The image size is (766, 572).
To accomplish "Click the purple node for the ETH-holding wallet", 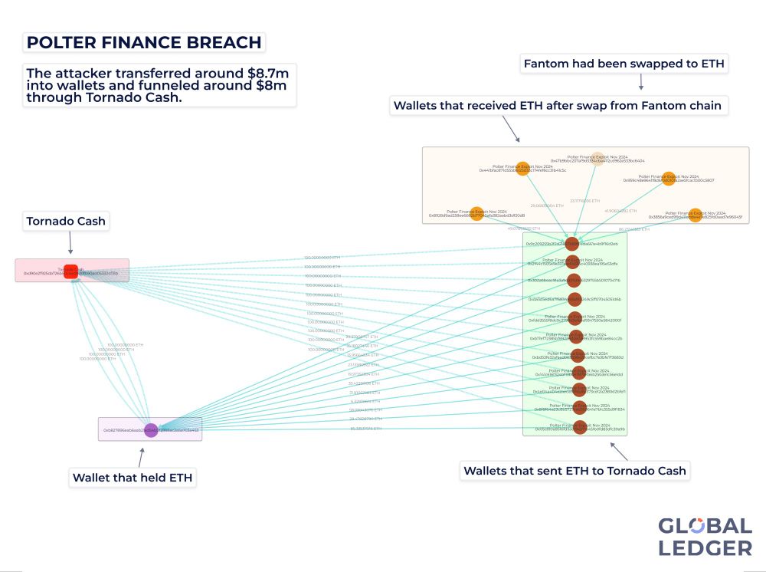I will coord(152,430).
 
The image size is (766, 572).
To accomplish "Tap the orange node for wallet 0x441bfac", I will coord(522,169).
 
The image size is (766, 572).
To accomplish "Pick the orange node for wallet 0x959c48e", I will coord(669,178).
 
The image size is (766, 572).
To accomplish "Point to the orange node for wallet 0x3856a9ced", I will coord(696,215).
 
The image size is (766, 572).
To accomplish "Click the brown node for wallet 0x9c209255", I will coord(572,244).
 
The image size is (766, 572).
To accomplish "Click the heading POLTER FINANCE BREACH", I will coord(143,42).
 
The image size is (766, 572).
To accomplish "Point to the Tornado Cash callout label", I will coord(66,222).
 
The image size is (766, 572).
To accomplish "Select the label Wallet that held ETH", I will coord(133,478).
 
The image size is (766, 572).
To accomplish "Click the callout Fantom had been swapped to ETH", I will coord(623,64).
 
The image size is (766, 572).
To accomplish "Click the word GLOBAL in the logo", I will coord(705,527).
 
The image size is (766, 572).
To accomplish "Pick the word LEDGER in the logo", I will coord(705,547).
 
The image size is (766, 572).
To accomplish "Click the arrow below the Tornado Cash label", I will coord(70,245).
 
